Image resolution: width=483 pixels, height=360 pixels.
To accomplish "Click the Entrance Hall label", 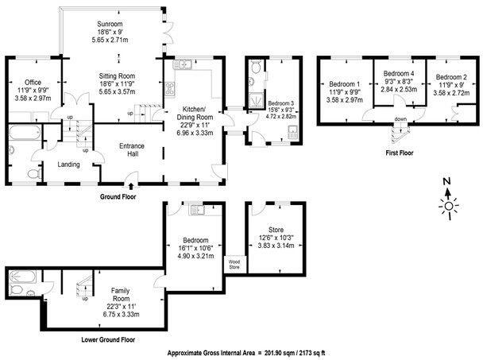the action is (131, 150).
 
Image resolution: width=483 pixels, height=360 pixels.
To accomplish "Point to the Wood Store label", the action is (235, 263).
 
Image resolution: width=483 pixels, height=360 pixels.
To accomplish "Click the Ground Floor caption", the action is (120, 195).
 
